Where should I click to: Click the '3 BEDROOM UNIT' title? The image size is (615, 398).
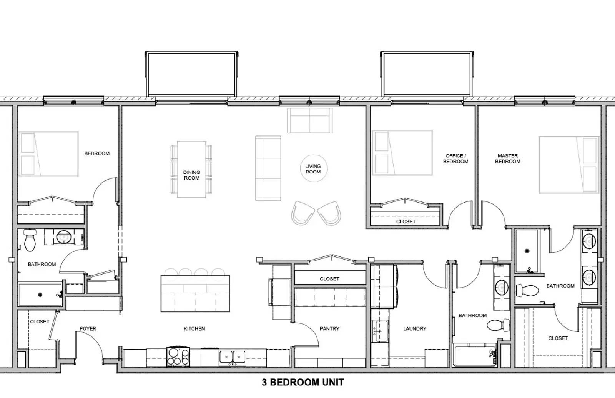coord(303,382)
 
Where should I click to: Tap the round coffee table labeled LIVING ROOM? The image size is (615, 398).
coord(313,169)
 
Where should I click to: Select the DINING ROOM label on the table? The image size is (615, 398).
coord(191,175)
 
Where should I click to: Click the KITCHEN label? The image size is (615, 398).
coord(194,329)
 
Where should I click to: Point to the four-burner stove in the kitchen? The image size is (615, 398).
coord(178,356)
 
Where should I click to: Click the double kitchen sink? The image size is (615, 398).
coord(233,357)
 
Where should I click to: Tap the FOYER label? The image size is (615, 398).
coord(88,329)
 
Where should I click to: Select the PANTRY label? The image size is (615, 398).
coord(329,329)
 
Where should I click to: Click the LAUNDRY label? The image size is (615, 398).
coord(414,329)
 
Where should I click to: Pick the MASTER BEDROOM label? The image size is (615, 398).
coord(508,158)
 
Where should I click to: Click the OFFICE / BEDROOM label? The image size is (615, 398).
coord(455,158)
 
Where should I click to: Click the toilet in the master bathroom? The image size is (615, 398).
coord(528,290)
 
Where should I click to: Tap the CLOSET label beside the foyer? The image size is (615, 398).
coord(40,321)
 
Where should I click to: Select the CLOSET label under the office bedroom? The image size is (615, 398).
coord(406,222)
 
